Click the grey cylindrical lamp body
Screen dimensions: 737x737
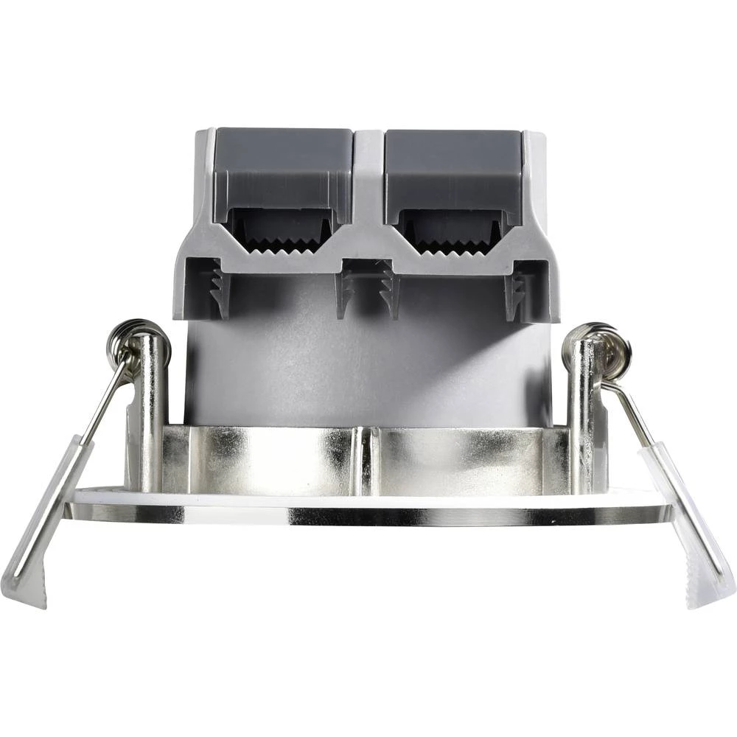[x=368, y=361]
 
